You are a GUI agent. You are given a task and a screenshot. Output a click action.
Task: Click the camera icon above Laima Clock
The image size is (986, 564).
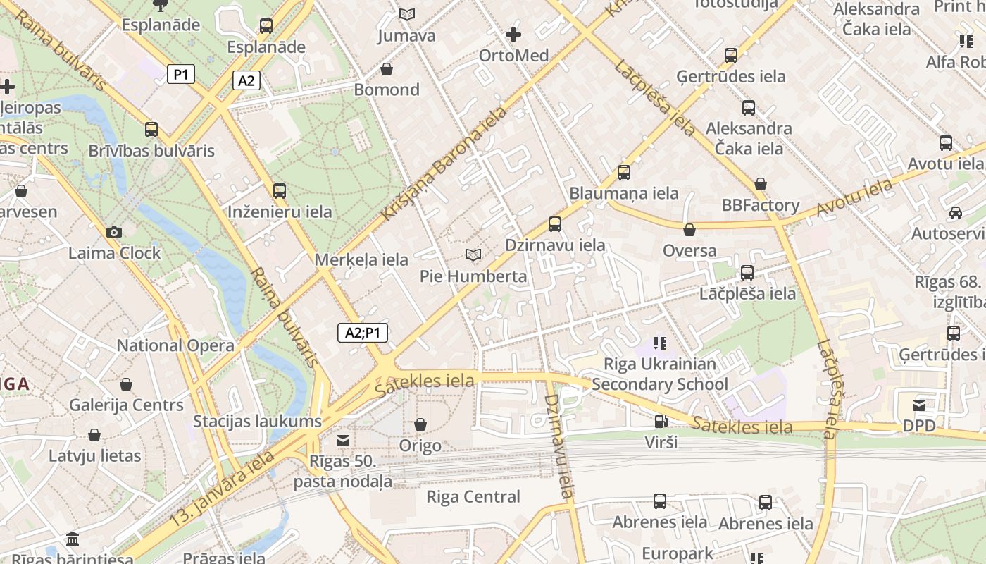click(113, 232)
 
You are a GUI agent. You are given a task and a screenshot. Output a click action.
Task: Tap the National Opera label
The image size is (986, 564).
click(175, 345)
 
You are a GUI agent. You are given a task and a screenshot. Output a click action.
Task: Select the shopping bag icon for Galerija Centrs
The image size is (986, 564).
click(126, 384)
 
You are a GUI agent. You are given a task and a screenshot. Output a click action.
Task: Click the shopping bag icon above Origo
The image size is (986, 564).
click(420, 424)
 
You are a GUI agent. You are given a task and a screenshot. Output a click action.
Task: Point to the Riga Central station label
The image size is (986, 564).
click(473, 496)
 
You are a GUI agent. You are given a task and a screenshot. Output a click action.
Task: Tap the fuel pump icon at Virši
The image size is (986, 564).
click(661, 422)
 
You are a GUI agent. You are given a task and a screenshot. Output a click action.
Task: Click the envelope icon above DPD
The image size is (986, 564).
click(919, 405)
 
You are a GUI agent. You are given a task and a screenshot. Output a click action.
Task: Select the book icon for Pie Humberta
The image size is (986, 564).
click(473, 255)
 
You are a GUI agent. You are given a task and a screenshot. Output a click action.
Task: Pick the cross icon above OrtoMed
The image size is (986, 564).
click(513, 34)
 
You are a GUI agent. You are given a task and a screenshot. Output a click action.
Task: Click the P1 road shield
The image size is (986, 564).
click(181, 74)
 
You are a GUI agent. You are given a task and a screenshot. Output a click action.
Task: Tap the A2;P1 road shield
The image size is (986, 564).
click(363, 333)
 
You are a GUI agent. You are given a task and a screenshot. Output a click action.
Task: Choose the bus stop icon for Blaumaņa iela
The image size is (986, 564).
click(623, 172)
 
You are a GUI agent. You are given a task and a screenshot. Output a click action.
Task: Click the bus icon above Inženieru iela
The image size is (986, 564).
click(280, 190)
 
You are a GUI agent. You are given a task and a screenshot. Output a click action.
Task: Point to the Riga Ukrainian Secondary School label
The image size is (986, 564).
click(660, 374)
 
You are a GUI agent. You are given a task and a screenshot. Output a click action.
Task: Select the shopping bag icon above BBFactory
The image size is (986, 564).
click(761, 184)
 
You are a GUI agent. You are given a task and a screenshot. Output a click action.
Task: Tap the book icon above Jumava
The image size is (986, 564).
click(406, 14)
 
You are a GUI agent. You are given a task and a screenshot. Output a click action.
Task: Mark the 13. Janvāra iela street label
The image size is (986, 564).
click(222, 489)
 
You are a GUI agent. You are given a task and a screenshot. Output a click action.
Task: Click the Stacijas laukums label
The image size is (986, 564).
click(257, 422)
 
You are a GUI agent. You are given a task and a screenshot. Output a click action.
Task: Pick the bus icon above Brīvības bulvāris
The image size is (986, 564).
click(151, 130)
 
